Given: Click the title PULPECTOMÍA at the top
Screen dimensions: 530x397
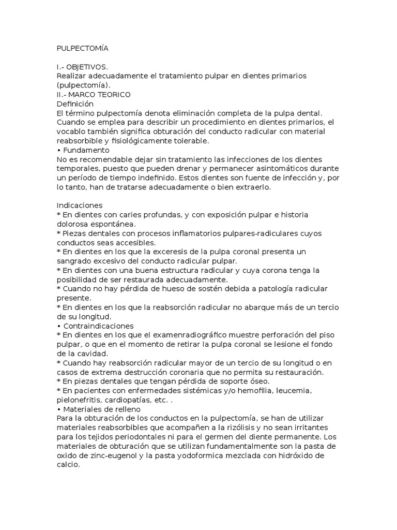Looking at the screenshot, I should point(83,48).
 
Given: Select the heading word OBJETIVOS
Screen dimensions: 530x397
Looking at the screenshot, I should point(89,67).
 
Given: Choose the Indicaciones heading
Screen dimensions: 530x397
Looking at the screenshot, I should point(80,205).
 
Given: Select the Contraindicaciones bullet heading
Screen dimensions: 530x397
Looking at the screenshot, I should point(98,326).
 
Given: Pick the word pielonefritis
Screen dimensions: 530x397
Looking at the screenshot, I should point(78,400).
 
